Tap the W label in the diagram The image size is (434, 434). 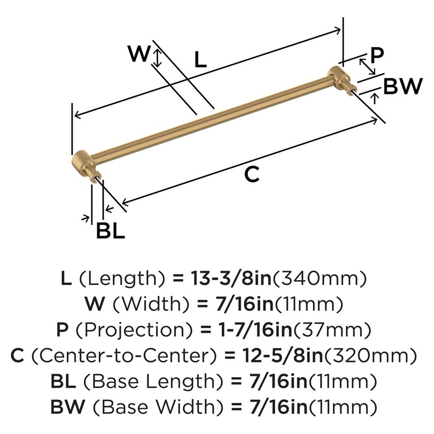pos(140,54)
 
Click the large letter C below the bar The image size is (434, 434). pos(252,174)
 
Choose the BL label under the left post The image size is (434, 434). pos(110,230)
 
